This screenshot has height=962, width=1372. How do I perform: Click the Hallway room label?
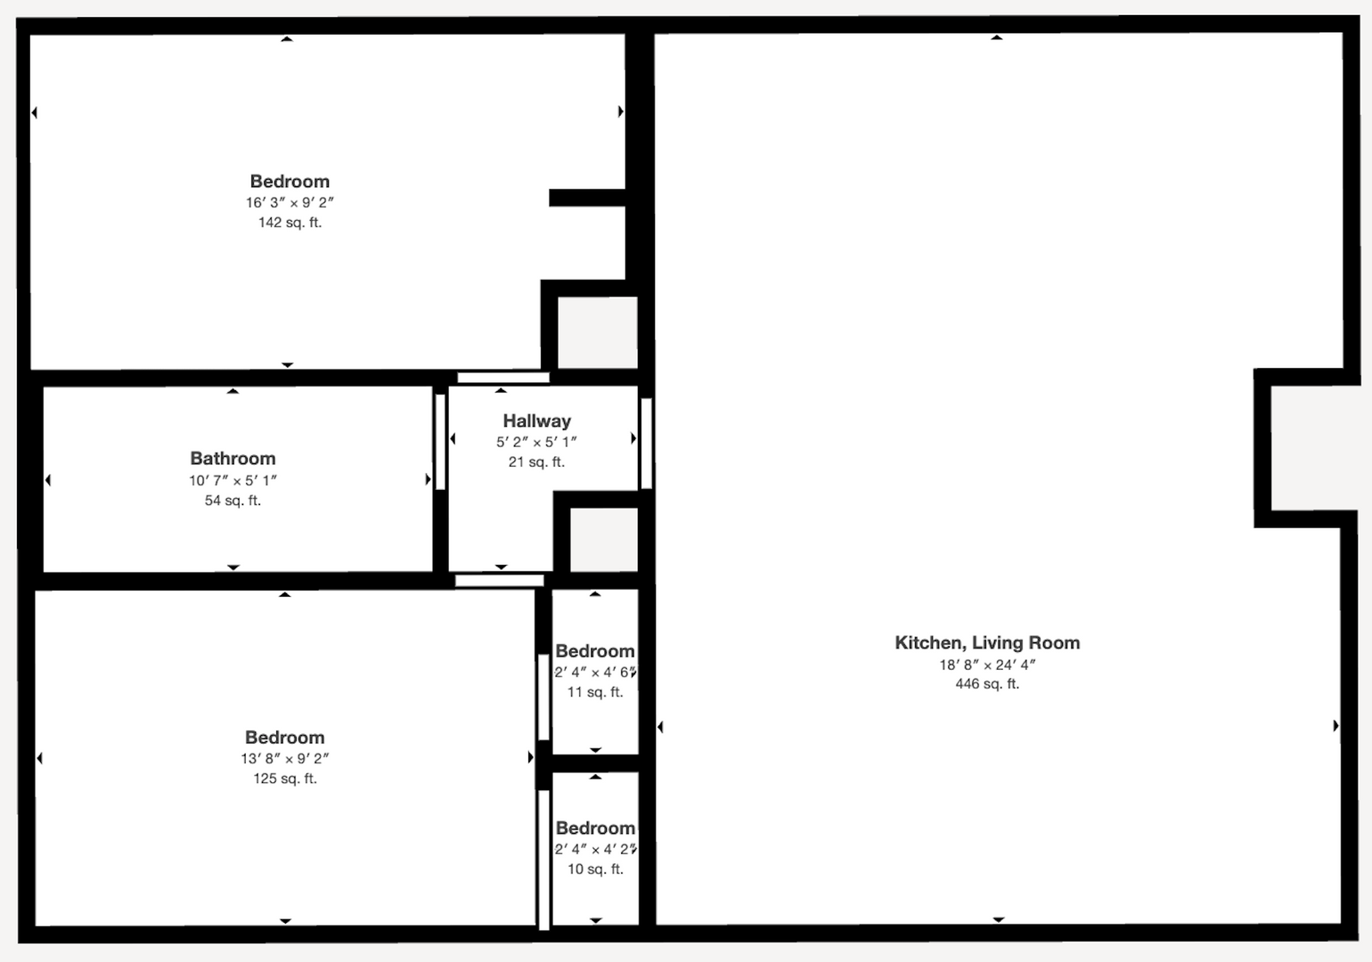[x=536, y=421]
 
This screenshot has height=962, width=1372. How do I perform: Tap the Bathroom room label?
[x=233, y=459]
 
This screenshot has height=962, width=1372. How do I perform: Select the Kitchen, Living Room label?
[x=987, y=643]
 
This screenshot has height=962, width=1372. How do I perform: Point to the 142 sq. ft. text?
[x=290, y=223]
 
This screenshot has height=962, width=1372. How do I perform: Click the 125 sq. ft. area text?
[x=285, y=779]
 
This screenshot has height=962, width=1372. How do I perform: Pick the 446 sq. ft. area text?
[x=987, y=683]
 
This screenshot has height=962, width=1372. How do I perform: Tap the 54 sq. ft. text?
[x=233, y=501]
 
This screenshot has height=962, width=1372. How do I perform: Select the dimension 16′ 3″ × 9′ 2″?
[x=290, y=202]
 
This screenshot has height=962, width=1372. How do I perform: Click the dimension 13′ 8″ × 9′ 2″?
[x=285, y=758]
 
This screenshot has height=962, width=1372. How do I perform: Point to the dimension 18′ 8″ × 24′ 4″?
[x=987, y=664]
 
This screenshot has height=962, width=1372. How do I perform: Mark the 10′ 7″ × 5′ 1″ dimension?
[x=233, y=481]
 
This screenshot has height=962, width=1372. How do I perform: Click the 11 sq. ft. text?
[x=595, y=692]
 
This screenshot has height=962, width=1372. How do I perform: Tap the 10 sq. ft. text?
[x=595, y=869]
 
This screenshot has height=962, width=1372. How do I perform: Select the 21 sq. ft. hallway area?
[x=536, y=461]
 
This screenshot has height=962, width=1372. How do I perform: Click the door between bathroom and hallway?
[x=440, y=442]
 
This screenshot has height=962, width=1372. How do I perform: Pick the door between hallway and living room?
[x=646, y=444]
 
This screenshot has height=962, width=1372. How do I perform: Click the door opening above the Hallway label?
[x=502, y=377]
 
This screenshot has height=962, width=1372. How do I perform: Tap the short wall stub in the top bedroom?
[x=587, y=198]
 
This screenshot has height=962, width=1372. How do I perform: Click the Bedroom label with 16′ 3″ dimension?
[x=290, y=181]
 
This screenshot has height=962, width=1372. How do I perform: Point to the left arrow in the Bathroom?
[x=48, y=480]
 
